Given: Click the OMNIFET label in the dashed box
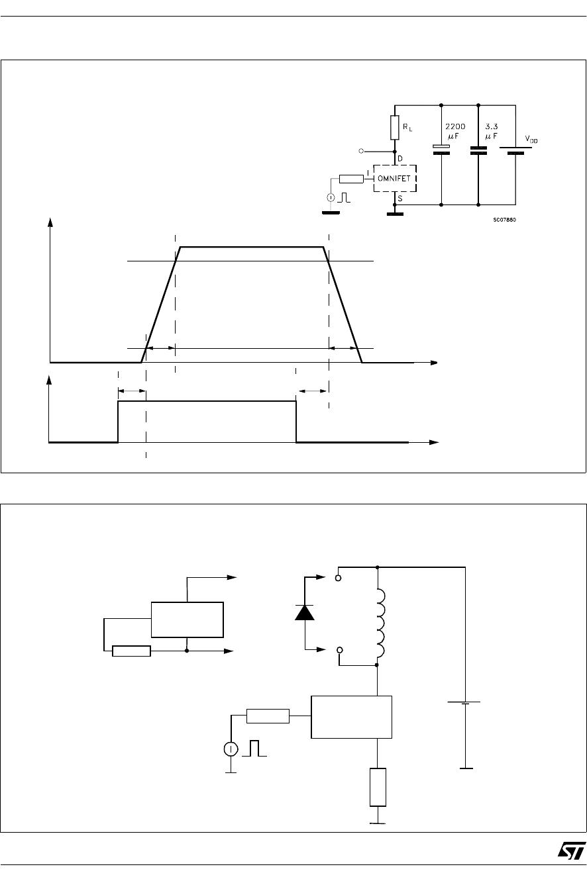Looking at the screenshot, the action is coord(394,179).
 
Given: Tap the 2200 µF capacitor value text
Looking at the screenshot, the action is coord(455,131).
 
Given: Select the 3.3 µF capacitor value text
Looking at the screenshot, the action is coord(491,131).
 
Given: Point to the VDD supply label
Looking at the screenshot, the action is coord(531,139).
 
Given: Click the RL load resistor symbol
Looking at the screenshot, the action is coord(394,128).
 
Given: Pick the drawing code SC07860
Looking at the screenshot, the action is coord(504,220).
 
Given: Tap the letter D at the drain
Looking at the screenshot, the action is coord(400,159).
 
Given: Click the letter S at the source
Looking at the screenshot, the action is coord(400,199).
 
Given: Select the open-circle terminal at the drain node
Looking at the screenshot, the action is coord(361,151).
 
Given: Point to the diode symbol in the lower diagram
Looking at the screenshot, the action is coord(305,612).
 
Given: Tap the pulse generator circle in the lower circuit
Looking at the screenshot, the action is coord(231,749).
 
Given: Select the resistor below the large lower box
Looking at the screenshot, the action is coord(378,787).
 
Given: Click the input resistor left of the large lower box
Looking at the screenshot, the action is coord(268,716).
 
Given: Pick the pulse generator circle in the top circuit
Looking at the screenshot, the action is coord(331,197).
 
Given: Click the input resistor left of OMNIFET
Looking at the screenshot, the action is coord(351,179).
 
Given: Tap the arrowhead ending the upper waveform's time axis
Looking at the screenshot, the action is coord(434,363).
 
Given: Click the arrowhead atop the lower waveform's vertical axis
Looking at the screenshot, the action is coord(49,379).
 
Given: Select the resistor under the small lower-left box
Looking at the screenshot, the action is coord(131,651).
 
